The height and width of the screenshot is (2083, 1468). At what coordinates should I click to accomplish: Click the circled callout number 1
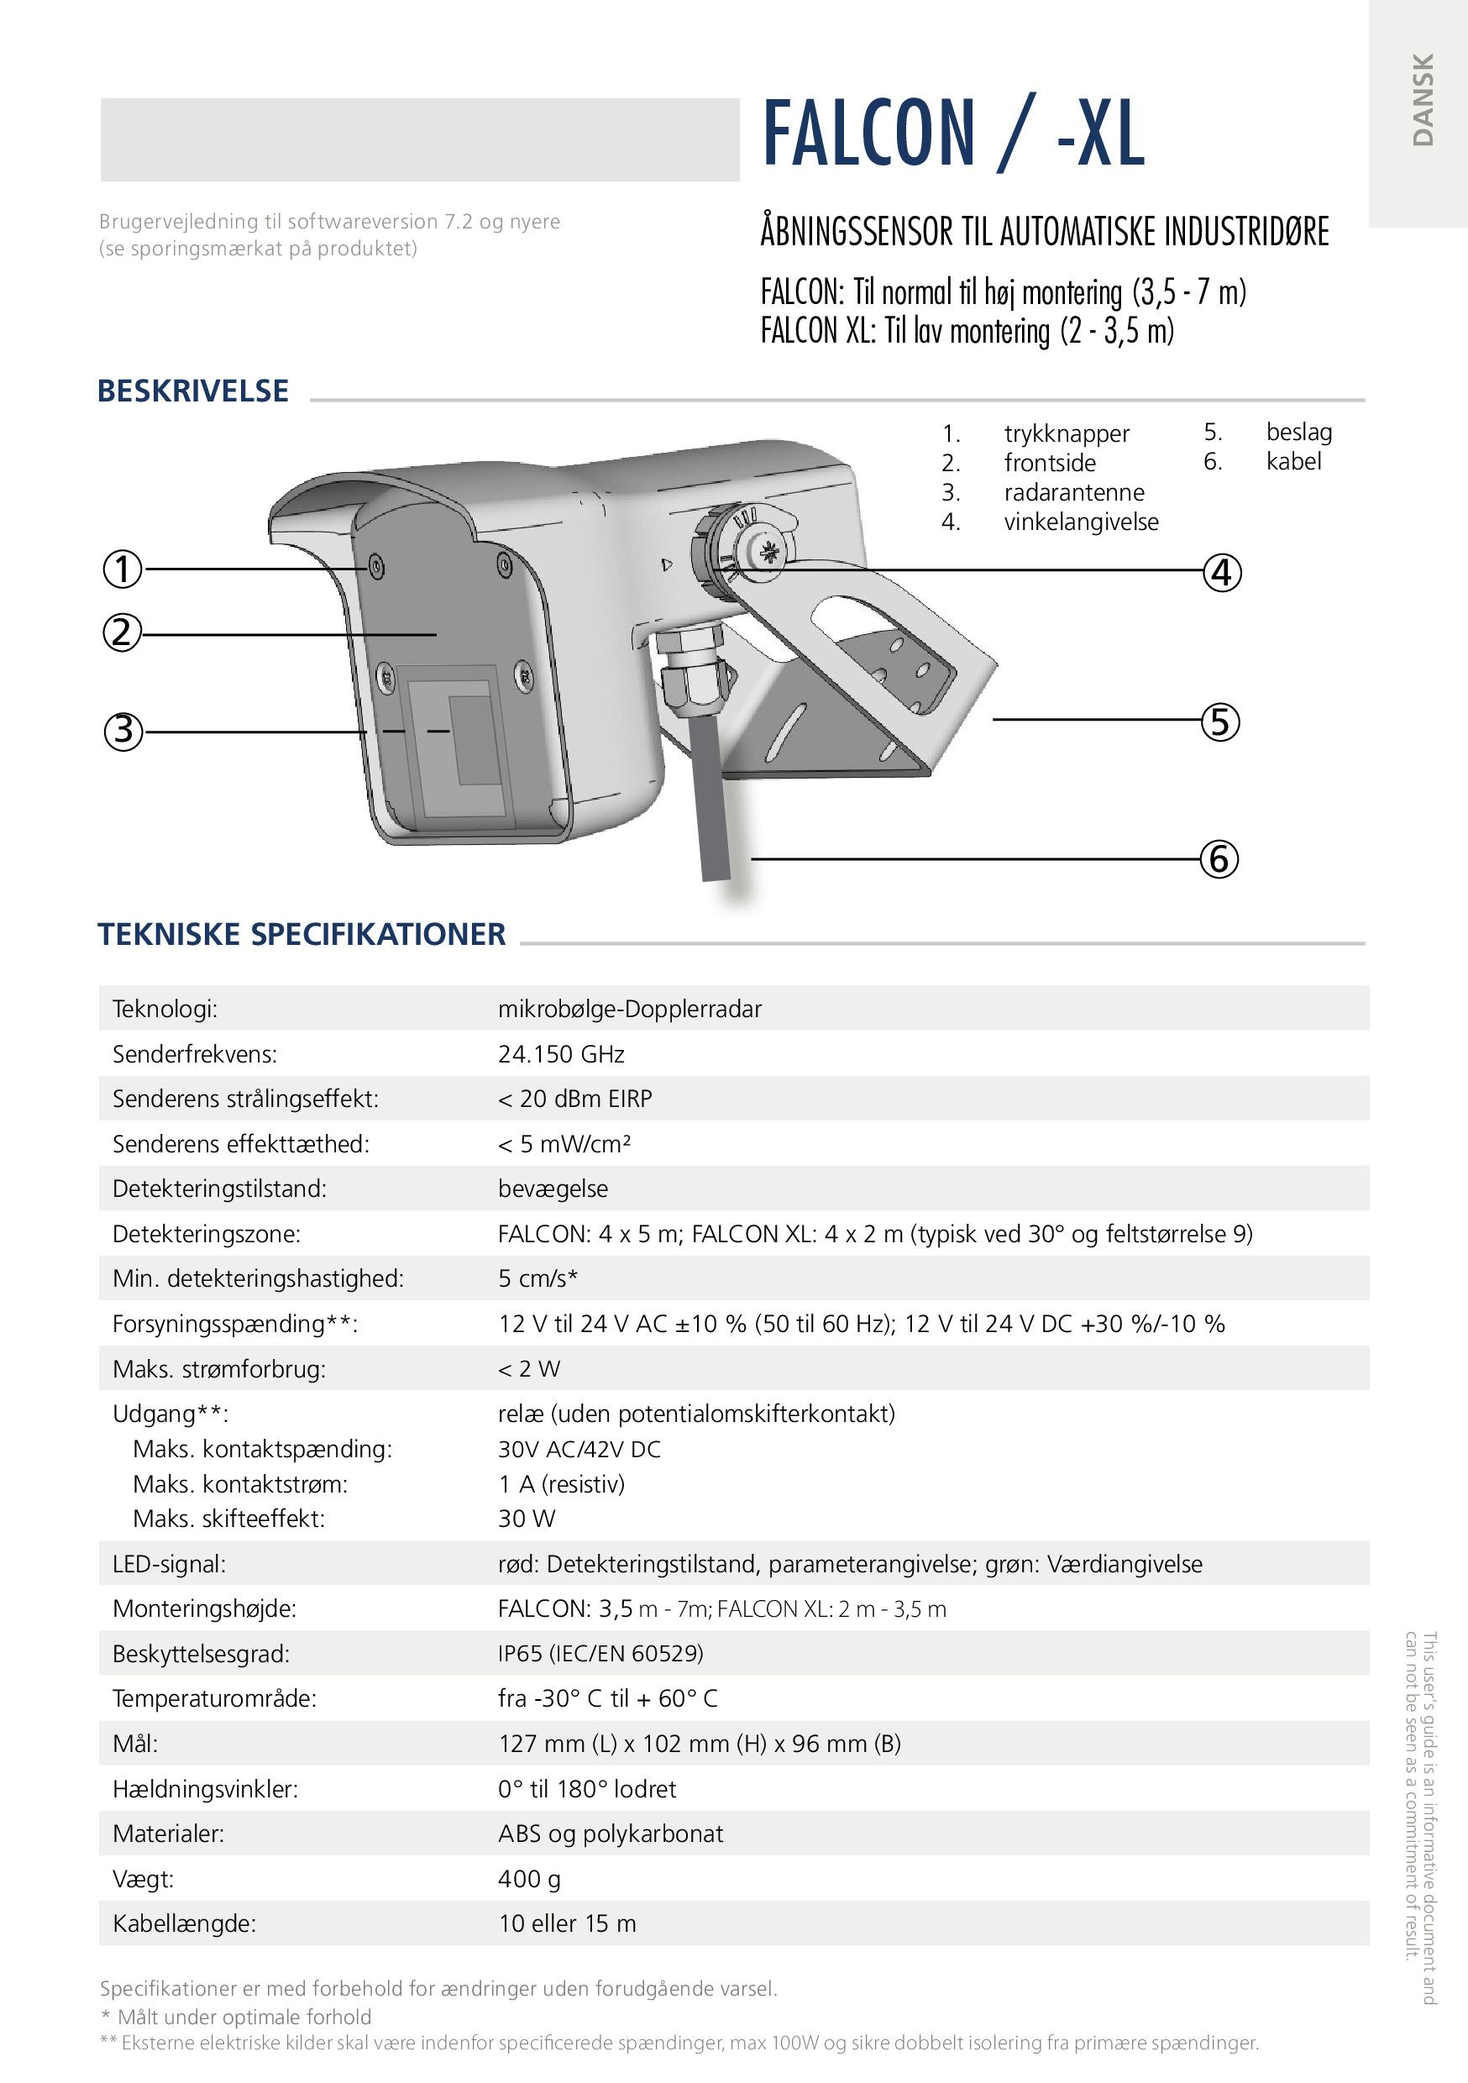pos(123,569)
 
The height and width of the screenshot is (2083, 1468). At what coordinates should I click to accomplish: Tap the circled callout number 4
pos(1221,573)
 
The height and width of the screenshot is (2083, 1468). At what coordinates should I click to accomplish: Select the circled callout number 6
pos(1219,858)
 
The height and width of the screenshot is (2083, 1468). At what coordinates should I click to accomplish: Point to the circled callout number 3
pos(123,732)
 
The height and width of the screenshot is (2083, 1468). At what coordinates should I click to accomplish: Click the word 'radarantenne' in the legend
pos(1073,493)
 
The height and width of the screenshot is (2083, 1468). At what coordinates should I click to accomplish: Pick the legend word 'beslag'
pos(1298,432)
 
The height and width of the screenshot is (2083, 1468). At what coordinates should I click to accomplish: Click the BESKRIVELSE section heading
pos(192,391)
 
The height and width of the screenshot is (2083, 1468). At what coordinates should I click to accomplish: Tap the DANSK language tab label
pos(1423,100)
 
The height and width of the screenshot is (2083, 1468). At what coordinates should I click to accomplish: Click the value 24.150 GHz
pos(561,1054)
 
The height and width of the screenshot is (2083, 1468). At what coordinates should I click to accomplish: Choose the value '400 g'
pos(529,1879)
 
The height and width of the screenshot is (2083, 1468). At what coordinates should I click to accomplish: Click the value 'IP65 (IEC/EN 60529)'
pos(600,1653)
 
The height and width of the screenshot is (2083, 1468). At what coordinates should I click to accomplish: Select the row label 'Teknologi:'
pos(165,1009)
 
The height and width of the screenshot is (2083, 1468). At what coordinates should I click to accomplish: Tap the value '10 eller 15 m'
pos(566,1923)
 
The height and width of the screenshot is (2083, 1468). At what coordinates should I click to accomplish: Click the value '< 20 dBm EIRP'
pos(574,1099)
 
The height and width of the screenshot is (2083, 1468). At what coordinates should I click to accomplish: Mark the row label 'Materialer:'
pos(168,1834)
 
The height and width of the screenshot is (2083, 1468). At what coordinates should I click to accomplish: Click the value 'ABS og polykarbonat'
pos(610,1834)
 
